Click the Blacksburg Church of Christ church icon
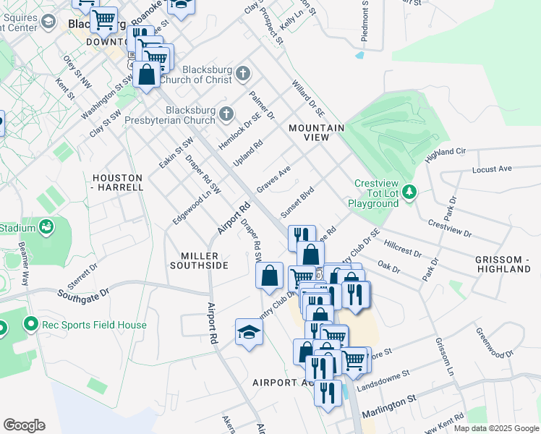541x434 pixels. (243, 74)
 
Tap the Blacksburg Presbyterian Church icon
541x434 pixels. (226, 114)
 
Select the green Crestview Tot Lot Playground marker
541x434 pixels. (410, 192)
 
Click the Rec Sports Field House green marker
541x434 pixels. (30, 324)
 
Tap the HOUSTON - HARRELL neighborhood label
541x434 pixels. (119, 182)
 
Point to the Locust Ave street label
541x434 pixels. (491, 169)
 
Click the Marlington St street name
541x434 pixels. (389, 399)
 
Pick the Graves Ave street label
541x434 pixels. (273, 179)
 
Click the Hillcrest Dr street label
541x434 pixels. (404, 248)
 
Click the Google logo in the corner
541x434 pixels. (24, 425)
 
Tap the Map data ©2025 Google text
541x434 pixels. (495, 428)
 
